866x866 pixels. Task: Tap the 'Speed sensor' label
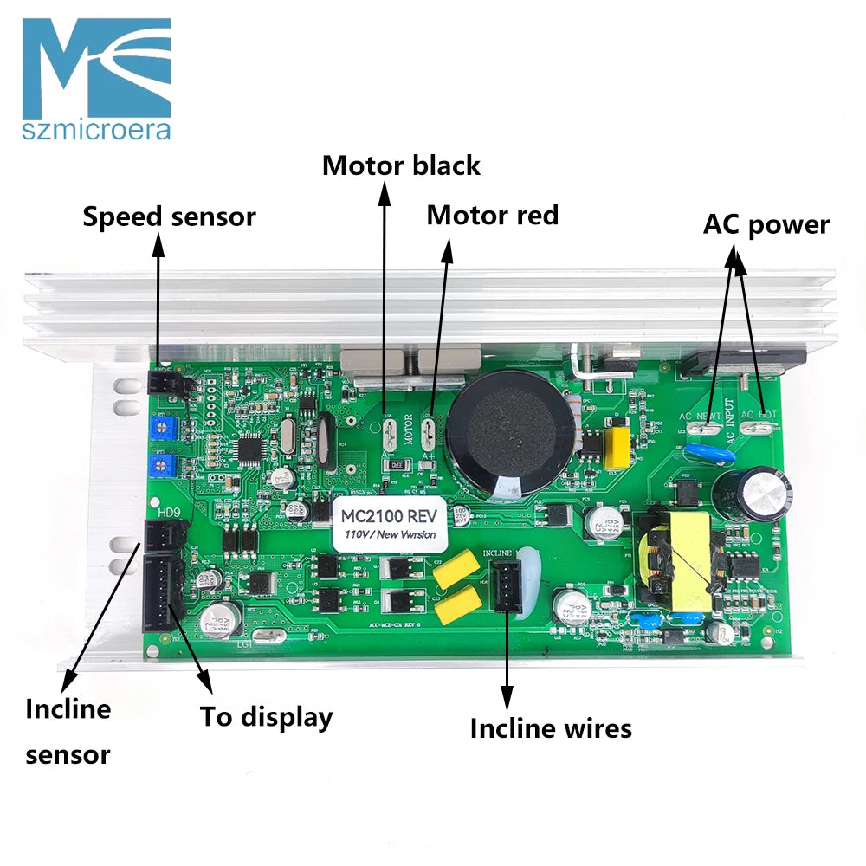169,216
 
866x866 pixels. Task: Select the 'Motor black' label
401,165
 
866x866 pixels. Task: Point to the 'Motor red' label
492,215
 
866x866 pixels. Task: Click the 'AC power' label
766,224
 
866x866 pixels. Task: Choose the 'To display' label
266,717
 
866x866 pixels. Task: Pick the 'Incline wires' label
551,728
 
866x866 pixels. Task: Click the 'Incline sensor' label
68,732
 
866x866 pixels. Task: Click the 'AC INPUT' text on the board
729,424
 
